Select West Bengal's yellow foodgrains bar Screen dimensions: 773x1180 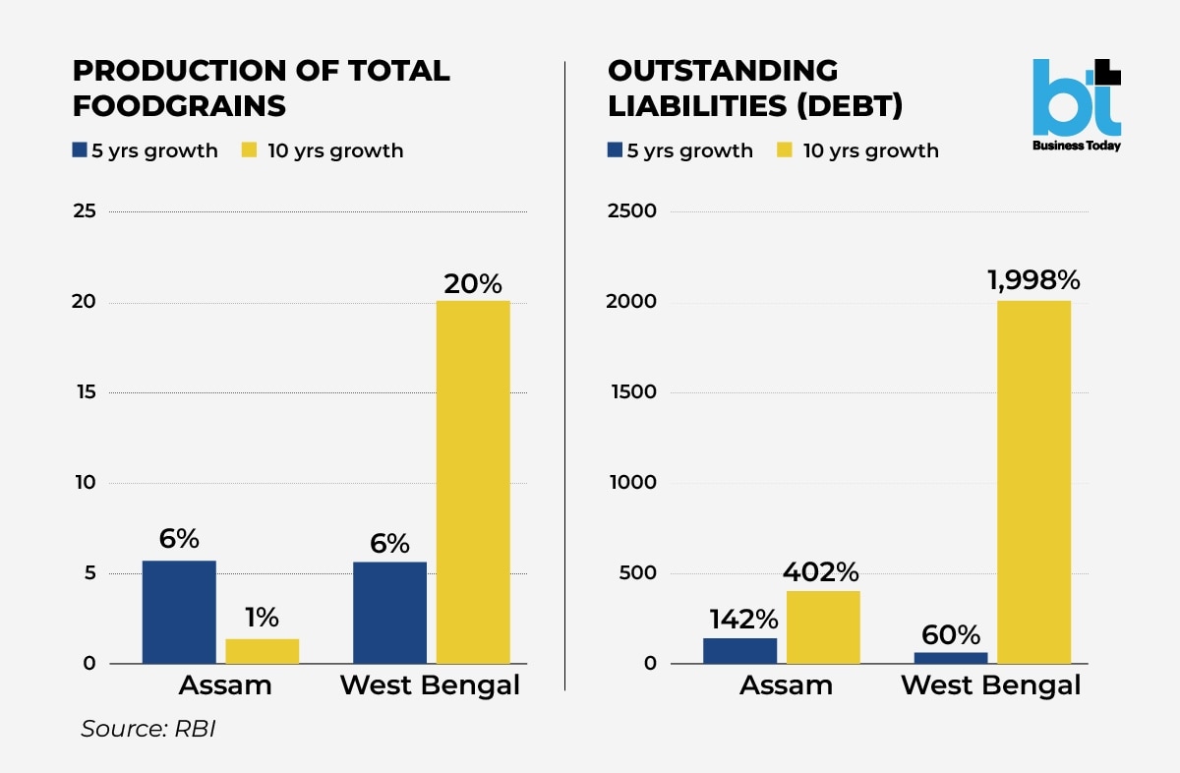473,482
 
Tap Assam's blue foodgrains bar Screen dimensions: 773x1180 179,612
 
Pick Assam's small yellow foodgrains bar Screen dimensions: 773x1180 262,651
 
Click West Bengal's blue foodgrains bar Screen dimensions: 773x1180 389,613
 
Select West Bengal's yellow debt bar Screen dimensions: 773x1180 1033,482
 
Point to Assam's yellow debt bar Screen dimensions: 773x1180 823,626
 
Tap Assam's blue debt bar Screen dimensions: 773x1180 739,650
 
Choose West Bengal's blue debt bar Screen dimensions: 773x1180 951,657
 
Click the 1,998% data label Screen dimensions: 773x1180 1033,280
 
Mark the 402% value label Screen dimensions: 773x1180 821,571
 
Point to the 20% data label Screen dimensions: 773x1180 473,284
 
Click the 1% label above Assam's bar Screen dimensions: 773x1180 262,618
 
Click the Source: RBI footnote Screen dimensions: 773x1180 147,730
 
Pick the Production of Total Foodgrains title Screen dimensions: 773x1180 262,88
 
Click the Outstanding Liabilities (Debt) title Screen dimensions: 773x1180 755,88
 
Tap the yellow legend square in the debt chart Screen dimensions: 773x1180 785,150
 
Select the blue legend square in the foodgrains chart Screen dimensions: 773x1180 81,150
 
